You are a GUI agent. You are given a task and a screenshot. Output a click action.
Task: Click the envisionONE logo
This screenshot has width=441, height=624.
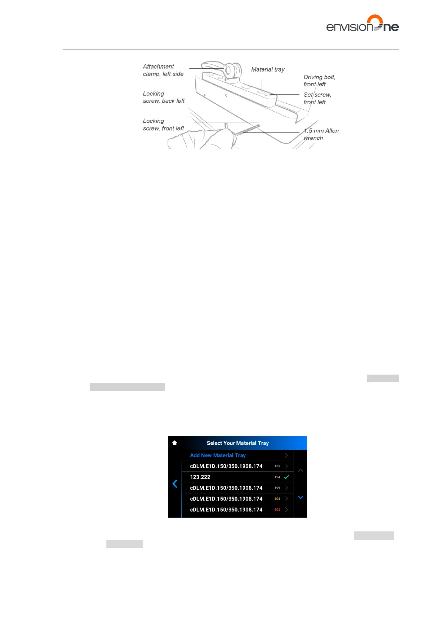click(x=362, y=24)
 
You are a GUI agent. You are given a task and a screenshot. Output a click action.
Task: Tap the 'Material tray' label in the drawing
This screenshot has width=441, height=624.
click(x=268, y=69)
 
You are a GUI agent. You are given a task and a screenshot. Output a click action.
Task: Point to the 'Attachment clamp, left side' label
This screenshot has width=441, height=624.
click(x=163, y=70)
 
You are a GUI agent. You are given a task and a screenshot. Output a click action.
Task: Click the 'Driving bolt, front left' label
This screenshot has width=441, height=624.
click(x=319, y=80)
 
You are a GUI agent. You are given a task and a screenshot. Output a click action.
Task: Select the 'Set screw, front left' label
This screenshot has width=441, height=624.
click(x=317, y=98)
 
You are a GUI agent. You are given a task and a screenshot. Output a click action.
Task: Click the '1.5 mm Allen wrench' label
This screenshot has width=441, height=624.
click(x=321, y=134)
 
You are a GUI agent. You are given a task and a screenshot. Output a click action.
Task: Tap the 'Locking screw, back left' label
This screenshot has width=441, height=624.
click(x=163, y=97)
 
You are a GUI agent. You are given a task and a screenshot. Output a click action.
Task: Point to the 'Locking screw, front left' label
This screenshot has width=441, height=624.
click(x=163, y=125)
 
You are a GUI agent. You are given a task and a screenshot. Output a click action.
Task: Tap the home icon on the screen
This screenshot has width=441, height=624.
click(x=175, y=443)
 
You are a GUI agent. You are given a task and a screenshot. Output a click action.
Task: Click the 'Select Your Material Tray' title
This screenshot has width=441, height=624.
click(x=238, y=443)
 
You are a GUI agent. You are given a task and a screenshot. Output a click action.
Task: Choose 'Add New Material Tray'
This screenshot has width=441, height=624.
click(x=218, y=455)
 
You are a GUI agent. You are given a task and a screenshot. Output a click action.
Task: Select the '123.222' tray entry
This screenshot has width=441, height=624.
click(x=200, y=477)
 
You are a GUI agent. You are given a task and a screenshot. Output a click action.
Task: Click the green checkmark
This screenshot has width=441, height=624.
click(x=286, y=477)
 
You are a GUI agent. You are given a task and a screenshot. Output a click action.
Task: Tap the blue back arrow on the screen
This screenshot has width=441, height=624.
click(x=175, y=484)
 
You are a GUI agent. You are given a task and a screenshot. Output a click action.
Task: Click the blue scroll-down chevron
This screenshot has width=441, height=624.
click(x=301, y=497)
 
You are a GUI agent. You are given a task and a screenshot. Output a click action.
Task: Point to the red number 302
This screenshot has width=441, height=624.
click(x=277, y=510)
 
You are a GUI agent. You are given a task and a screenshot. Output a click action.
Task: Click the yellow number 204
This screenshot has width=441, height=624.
click(x=277, y=499)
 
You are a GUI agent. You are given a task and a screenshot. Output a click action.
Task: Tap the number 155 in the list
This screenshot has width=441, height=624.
click(x=277, y=466)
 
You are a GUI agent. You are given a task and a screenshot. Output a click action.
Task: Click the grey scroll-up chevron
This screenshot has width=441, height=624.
click(x=301, y=470)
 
